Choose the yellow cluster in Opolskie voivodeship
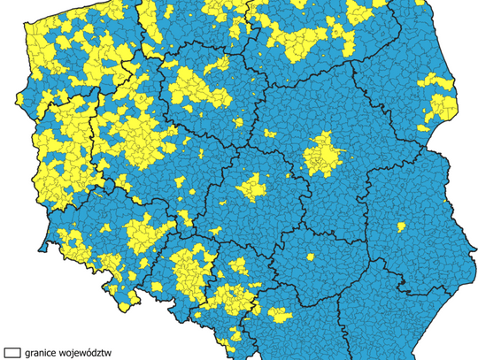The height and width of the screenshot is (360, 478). coord(189,270)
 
